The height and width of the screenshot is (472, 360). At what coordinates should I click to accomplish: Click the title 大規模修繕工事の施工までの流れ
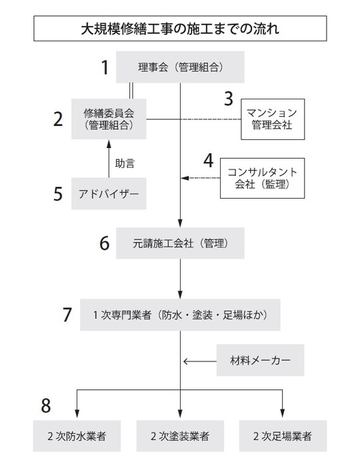click(180, 29)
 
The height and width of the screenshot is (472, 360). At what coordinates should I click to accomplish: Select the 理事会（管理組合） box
click(180, 67)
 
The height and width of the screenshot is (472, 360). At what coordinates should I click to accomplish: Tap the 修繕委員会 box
click(109, 118)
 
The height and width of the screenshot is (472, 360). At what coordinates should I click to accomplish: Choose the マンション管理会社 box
click(272, 119)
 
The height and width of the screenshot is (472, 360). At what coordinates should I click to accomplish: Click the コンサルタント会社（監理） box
click(262, 178)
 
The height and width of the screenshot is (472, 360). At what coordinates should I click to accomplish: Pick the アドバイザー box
click(109, 194)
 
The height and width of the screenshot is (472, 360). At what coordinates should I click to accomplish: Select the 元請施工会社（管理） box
click(180, 243)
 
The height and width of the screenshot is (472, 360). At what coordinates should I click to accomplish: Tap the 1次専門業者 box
click(180, 315)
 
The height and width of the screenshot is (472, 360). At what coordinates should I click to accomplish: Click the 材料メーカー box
click(260, 361)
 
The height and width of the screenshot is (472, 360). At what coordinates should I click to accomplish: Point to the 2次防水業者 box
click(77, 437)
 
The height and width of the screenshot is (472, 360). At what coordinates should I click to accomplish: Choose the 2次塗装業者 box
click(180, 437)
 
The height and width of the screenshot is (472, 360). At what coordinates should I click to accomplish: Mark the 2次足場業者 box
click(283, 437)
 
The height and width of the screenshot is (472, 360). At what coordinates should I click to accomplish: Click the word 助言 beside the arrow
click(125, 163)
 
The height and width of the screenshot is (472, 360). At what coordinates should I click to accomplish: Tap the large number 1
click(105, 67)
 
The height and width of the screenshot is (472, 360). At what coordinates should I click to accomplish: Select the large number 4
click(208, 161)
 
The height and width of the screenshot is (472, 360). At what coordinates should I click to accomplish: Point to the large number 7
click(67, 314)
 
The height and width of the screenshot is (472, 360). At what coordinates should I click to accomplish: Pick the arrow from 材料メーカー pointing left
click(200, 361)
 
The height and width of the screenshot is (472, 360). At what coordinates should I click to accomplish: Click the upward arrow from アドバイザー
click(109, 160)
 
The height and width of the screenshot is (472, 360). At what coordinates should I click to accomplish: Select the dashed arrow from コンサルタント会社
click(201, 178)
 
